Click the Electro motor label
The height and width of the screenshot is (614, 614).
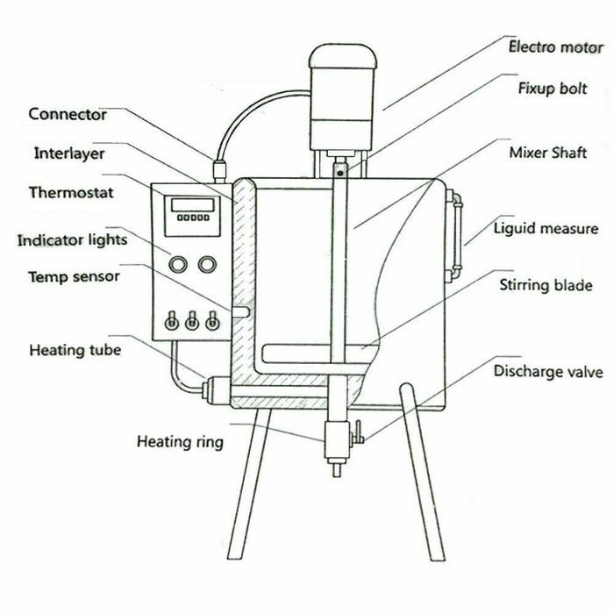click(x=556, y=46)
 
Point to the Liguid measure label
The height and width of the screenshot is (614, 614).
click(x=545, y=230)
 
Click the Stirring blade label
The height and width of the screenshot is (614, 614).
click(x=546, y=285)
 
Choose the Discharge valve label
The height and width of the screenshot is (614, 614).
click(x=547, y=371)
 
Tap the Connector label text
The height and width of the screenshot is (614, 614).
click(x=68, y=114)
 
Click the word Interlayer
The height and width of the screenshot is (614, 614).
click(x=69, y=153)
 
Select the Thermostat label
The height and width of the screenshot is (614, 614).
click(x=70, y=191)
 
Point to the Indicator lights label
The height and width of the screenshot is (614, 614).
click(x=73, y=239)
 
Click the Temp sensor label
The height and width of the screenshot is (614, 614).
click(x=74, y=276)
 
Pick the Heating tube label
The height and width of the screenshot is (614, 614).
click(x=75, y=351)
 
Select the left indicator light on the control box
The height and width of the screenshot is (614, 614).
click(x=178, y=263)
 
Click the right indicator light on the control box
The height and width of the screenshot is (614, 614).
click(x=207, y=263)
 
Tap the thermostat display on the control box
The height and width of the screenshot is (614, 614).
click(x=193, y=204)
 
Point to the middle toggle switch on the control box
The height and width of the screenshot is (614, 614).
click(x=191, y=322)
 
